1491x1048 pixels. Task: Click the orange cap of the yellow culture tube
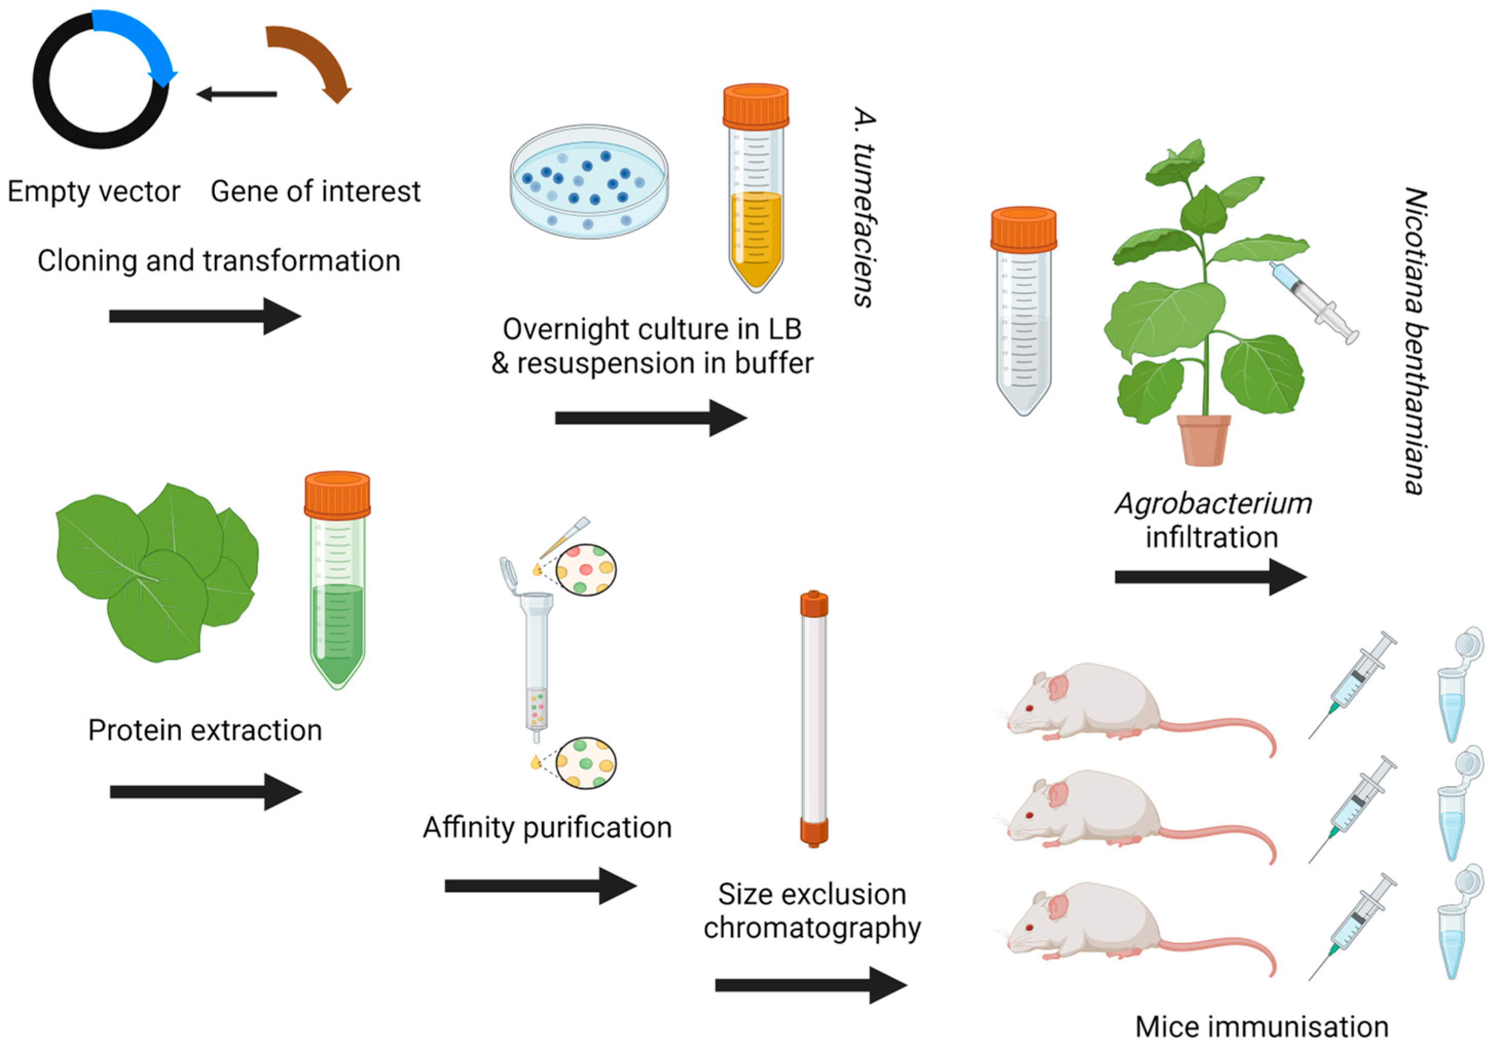(x=756, y=105)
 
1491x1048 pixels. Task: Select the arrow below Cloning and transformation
(x=205, y=316)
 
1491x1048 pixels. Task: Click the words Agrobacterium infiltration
(x=1212, y=520)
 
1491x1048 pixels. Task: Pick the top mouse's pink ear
(x=1059, y=688)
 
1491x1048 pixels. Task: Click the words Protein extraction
(x=205, y=730)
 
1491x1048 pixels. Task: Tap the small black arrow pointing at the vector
(x=236, y=94)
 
